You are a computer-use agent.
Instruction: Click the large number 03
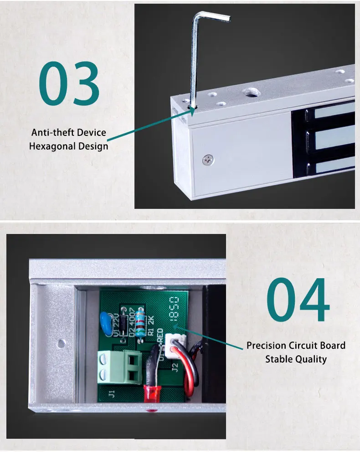click(x=69, y=84)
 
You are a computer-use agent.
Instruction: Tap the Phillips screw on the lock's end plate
click(x=208, y=159)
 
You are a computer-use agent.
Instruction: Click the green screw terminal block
click(x=119, y=366)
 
